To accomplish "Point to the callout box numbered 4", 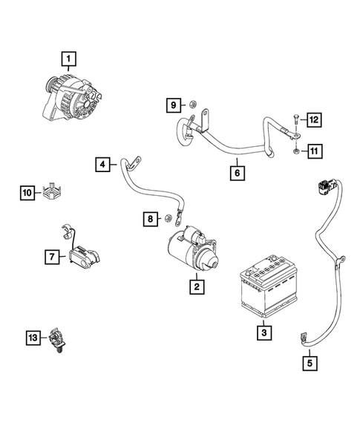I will point(103,162).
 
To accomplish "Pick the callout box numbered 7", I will point(51,257).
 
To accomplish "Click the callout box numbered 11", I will point(313,152).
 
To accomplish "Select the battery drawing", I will point(267,293).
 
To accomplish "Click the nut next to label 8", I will point(168,219).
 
